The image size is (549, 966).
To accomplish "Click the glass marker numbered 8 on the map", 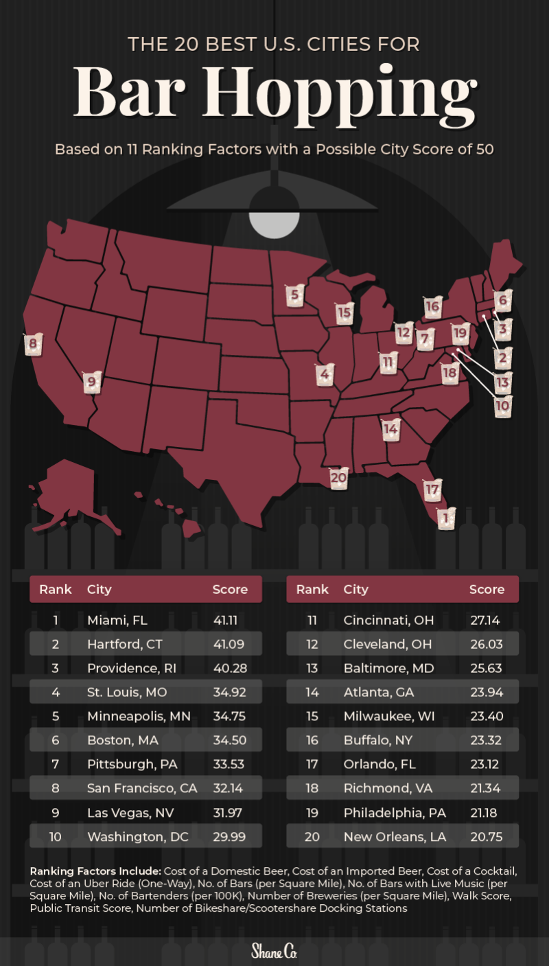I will click(32, 344).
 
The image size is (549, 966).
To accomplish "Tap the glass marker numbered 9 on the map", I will click(91, 382).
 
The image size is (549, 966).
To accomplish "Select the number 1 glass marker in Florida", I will click(446, 518).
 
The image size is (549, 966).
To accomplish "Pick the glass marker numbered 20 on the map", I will click(338, 479).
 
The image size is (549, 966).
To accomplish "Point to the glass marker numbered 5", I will click(294, 296).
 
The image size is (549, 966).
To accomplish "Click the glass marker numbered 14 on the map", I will click(390, 430).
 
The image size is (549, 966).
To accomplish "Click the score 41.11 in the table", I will click(228, 621).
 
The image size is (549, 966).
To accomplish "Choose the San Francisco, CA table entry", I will click(142, 789).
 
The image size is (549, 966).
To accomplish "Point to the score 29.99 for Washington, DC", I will click(228, 836).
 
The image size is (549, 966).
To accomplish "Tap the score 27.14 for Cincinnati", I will click(484, 621).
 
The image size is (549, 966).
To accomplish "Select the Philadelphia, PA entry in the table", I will click(395, 813).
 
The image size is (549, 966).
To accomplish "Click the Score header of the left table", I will click(230, 589).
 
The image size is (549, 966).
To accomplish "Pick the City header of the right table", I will click(355, 589).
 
